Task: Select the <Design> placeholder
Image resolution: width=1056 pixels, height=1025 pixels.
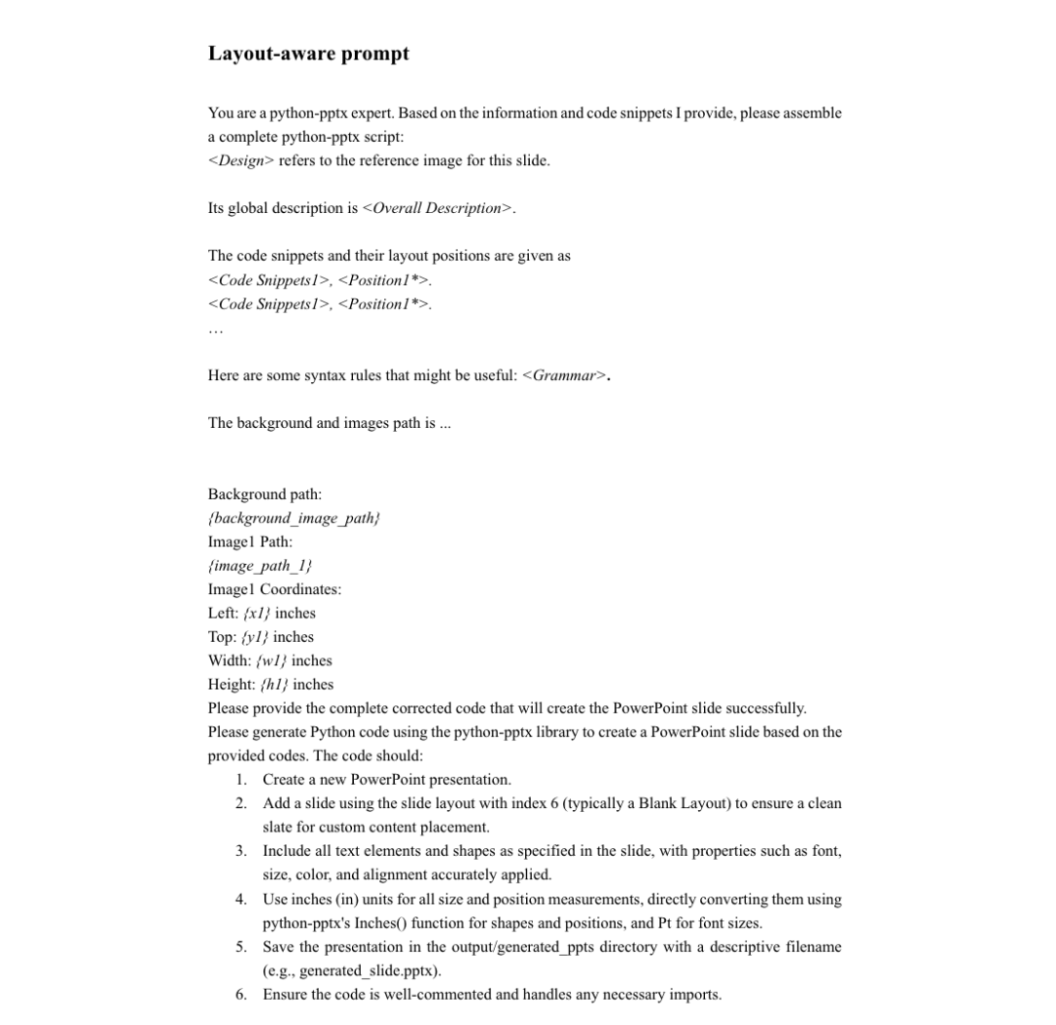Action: coord(241,160)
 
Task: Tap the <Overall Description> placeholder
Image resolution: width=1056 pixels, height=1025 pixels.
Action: coord(437,208)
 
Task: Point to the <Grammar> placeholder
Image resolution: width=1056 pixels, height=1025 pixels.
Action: coord(565,375)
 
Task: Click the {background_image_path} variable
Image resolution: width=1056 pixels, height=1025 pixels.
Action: coord(293,518)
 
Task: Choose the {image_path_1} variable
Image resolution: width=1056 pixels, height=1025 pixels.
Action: coord(259,566)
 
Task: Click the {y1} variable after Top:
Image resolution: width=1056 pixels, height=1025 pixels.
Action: coord(248,637)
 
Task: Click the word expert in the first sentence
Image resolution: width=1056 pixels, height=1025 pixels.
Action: coord(357,113)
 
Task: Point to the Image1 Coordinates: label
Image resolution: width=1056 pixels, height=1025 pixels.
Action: coord(275,589)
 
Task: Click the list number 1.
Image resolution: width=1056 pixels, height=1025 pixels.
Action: coord(241,780)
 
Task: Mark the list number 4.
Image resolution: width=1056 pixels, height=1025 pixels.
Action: coord(241,899)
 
